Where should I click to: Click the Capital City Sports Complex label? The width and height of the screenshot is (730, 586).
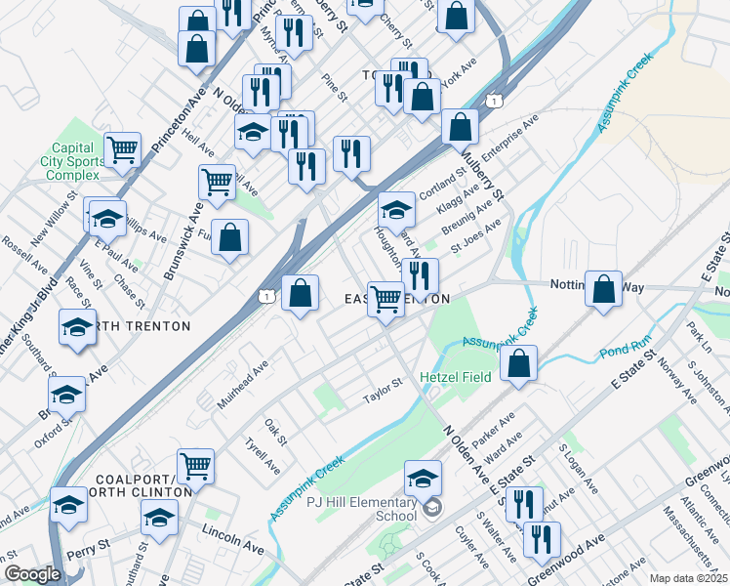(x=74, y=161)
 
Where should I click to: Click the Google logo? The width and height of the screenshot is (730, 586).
(x=33, y=574)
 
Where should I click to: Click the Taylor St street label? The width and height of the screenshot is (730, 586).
(x=383, y=391)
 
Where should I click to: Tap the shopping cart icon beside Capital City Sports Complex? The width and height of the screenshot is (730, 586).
(x=123, y=150)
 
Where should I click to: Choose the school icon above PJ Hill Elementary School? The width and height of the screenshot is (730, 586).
(x=423, y=478)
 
